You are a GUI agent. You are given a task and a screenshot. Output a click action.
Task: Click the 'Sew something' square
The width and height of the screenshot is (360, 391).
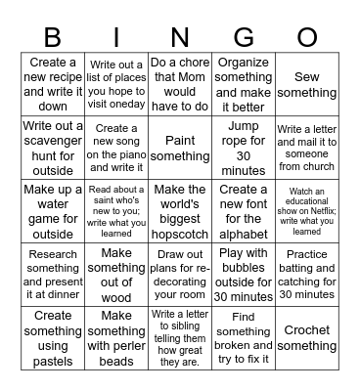pos(307,84)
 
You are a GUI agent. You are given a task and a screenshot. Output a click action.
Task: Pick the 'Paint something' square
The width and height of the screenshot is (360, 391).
pos(180,148)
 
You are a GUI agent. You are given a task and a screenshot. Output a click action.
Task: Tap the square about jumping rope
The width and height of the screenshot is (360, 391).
pos(244,148)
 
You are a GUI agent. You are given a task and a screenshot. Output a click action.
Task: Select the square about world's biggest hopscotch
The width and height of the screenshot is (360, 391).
pos(180,211)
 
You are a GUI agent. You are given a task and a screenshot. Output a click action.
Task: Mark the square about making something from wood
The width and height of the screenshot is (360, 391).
pos(116,275)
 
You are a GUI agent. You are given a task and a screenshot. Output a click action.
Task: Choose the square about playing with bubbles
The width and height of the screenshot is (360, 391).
pos(244,275)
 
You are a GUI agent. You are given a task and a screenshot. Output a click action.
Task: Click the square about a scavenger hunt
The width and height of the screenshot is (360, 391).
pos(53,148)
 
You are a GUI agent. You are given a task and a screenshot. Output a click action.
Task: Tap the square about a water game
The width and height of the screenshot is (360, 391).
pos(53,211)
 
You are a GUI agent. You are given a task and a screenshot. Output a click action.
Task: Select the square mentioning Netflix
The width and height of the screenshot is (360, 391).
pos(307,211)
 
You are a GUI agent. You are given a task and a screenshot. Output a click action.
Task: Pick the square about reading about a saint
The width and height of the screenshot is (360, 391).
pos(116,211)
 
